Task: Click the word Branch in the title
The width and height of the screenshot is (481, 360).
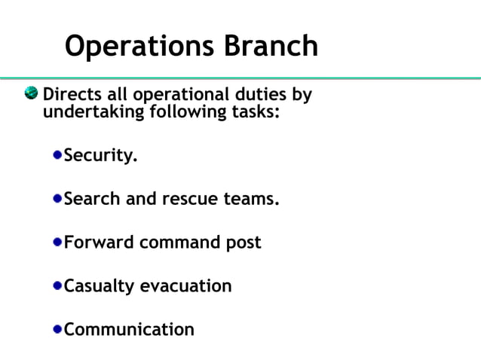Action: click(271, 46)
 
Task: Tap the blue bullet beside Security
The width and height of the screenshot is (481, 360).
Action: click(58, 156)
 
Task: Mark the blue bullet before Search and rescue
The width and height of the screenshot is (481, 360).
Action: click(58, 200)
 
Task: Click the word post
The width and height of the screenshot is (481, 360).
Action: click(243, 243)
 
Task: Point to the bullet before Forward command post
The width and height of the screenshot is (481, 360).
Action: click(58, 243)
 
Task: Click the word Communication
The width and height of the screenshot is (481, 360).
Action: click(129, 329)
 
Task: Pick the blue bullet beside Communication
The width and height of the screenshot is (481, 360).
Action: click(58, 329)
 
